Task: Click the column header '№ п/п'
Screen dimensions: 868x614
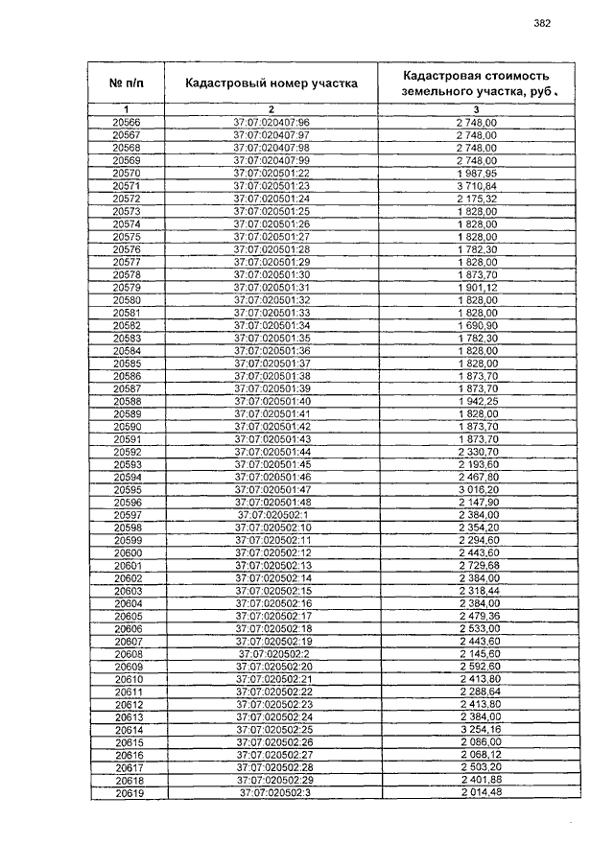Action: [x=126, y=83]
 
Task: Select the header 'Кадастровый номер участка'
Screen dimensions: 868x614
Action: [x=272, y=83]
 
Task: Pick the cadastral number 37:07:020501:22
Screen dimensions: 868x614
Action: [x=272, y=174]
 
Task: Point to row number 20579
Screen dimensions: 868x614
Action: [x=126, y=288]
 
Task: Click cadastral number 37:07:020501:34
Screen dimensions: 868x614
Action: [x=272, y=326]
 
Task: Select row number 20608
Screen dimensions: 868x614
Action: [x=128, y=654]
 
